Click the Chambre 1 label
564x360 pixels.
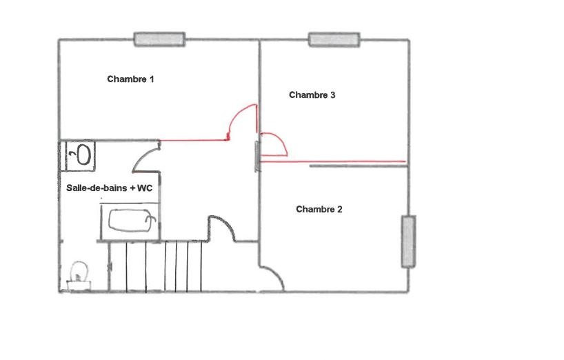pyautogui.click(x=130, y=79)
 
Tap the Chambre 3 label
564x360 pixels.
pyautogui.click(x=312, y=95)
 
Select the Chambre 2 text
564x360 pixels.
pyautogui.click(x=319, y=210)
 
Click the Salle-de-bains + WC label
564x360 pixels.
pyautogui.click(x=110, y=188)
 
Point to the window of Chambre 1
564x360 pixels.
pyautogui.click(x=160, y=39)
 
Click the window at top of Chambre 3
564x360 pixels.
pyautogui.click(x=334, y=39)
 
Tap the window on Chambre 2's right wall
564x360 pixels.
pyautogui.click(x=409, y=241)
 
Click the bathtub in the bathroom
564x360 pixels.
pyautogui.click(x=132, y=220)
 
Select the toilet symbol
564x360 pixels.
pyautogui.click(x=79, y=276)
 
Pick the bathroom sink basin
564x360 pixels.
pyautogui.click(x=83, y=154)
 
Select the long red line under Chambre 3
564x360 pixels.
pyautogui.click(x=333, y=161)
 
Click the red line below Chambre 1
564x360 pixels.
pyautogui.click(x=194, y=140)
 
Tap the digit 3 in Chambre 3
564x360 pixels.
pyautogui.click(x=333, y=95)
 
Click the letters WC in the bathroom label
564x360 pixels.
pyautogui.click(x=145, y=188)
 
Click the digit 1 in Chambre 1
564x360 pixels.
pyautogui.click(x=152, y=79)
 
